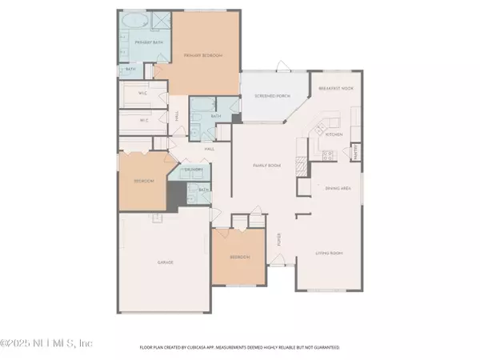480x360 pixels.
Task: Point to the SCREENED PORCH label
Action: pyautogui.click(x=271, y=95)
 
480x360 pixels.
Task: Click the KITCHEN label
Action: pyautogui.click(x=334, y=134)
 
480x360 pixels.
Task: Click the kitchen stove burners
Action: pyautogui.click(x=328, y=154)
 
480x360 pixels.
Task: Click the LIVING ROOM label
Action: pyautogui.click(x=328, y=251)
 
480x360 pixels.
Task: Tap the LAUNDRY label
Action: pyautogui.click(x=192, y=170)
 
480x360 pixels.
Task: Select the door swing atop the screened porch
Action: pyautogui.click(x=280, y=68)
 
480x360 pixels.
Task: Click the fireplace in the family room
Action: pyautogui.click(x=302, y=165)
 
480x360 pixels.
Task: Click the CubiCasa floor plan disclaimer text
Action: pyautogui.click(x=240, y=348)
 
